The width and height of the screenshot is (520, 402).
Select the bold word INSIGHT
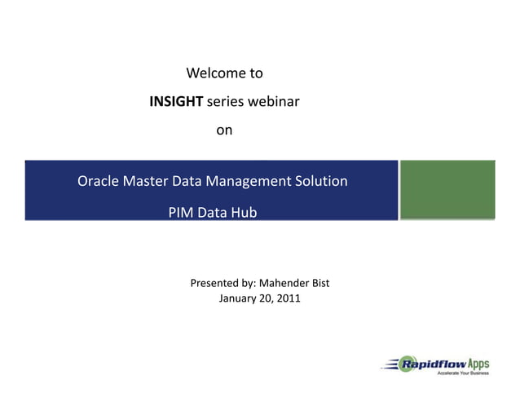coord(177,102)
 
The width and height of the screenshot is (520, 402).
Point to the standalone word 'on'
coord(224,130)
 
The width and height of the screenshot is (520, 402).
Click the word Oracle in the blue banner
coord(98,181)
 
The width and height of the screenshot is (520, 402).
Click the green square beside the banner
coord(447,189)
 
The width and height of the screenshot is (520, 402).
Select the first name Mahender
coord(284,284)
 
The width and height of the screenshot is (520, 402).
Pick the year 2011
coord(288,298)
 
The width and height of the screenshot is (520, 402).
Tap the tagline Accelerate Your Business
coord(463,373)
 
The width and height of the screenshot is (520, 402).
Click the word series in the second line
coord(226,102)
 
